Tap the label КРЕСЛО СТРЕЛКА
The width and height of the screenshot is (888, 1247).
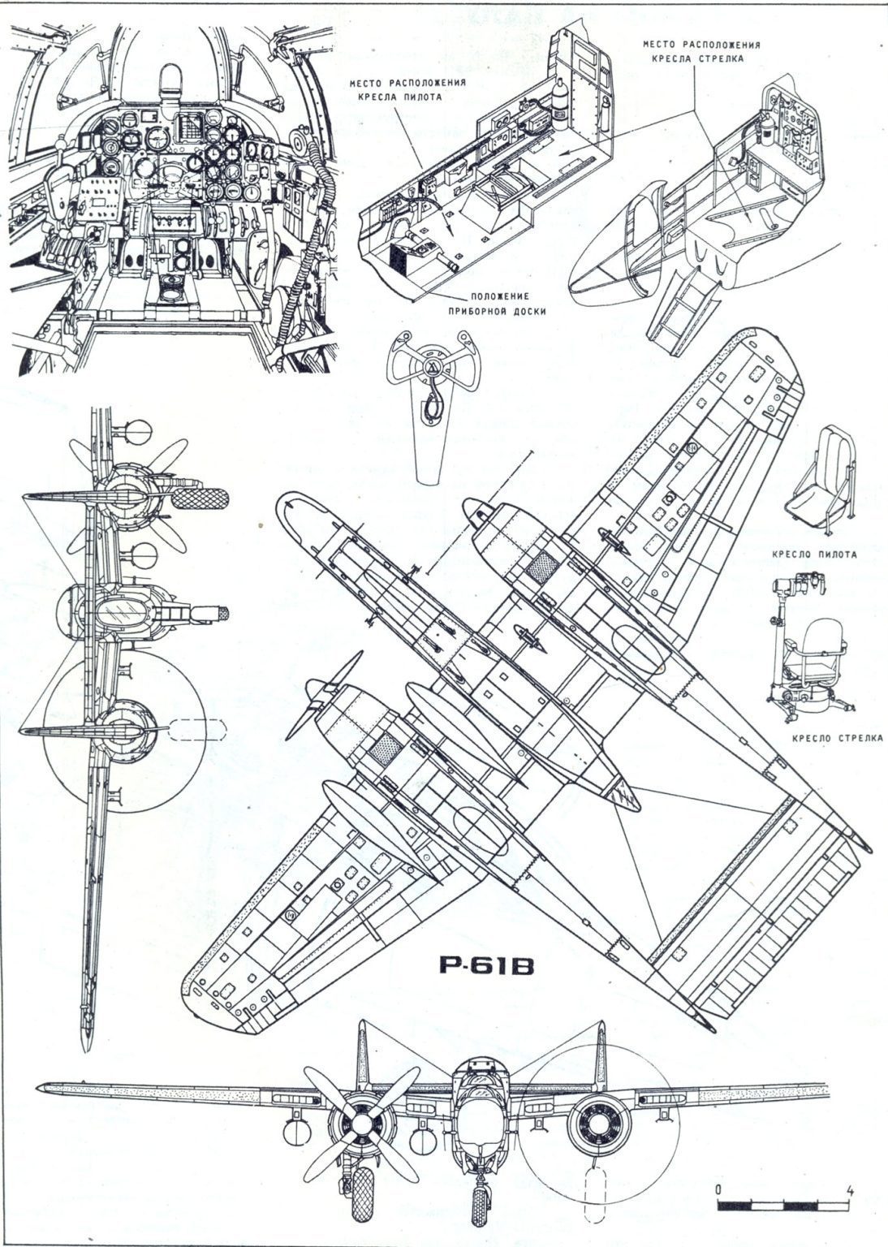pos(836,738)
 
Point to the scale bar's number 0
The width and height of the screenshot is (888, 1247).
pos(718,1190)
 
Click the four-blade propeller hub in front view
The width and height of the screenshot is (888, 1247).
pos(358,1123)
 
